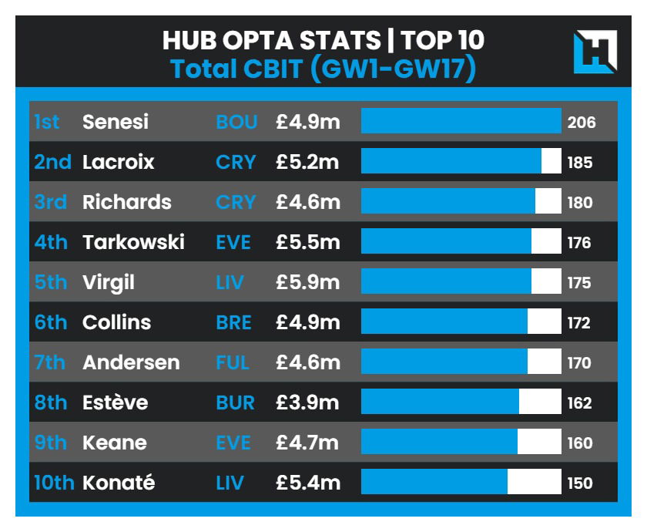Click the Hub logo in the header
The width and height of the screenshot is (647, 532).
pyautogui.click(x=595, y=52)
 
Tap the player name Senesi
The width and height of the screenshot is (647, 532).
pyautogui.click(x=116, y=122)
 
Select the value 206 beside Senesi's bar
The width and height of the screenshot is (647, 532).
pyautogui.click(x=582, y=122)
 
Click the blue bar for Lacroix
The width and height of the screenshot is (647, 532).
pyautogui.click(x=451, y=162)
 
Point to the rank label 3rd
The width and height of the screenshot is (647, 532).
pyautogui.click(x=51, y=202)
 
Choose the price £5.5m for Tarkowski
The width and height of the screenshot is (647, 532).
pyautogui.click(x=308, y=242)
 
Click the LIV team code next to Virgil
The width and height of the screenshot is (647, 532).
pyautogui.click(x=230, y=282)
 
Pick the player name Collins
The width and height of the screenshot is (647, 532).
pyautogui.click(x=117, y=322)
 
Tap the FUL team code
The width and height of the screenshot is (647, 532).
pyautogui.click(x=233, y=362)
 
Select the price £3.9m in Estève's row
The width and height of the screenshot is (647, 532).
pyautogui.click(x=308, y=402)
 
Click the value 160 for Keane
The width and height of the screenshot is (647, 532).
pyautogui.click(x=580, y=443)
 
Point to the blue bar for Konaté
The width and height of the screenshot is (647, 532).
pyautogui.click(x=434, y=483)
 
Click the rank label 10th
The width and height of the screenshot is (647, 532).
pyautogui.click(x=54, y=483)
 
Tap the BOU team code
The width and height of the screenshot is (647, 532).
pyautogui.click(x=236, y=122)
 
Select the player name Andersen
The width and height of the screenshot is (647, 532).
pyautogui.click(x=131, y=362)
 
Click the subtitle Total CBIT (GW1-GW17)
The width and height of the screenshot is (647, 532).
pyautogui.click(x=323, y=69)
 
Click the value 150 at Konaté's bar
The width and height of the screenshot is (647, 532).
pyautogui.click(x=580, y=483)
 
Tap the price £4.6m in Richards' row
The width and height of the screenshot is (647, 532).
pyautogui.click(x=308, y=202)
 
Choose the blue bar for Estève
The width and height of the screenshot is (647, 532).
pyautogui.click(x=440, y=402)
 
